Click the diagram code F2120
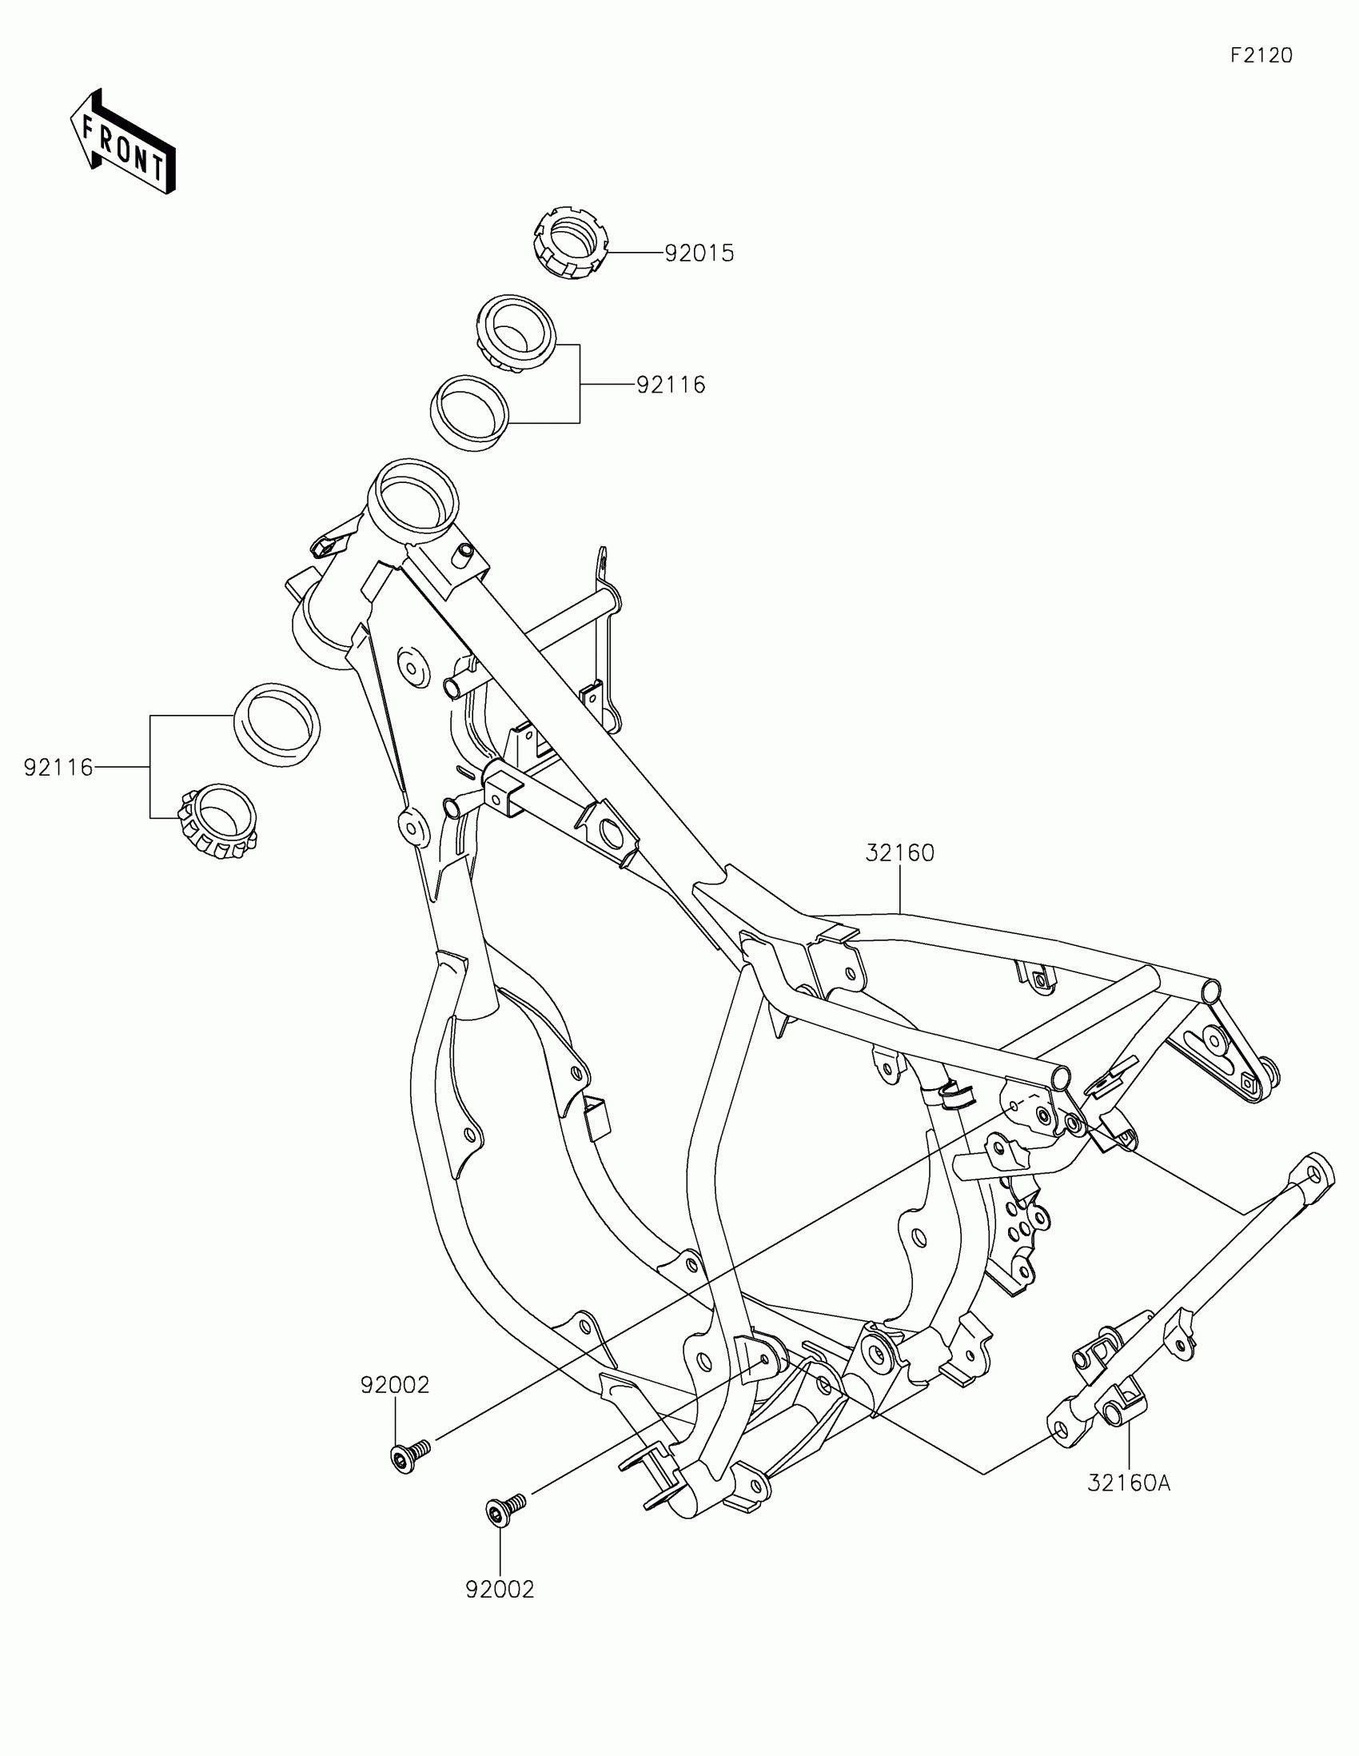tap(1261, 55)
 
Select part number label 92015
tap(699, 253)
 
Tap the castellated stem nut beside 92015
tap(570, 242)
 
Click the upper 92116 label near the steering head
tap(671, 385)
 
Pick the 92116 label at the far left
tap(58, 768)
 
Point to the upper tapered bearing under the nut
tap(516, 332)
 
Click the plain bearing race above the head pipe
tap(471, 409)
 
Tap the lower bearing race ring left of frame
tap(277, 724)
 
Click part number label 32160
tap(899, 853)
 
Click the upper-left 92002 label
tap(395, 1385)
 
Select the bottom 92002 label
tap(500, 1590)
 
